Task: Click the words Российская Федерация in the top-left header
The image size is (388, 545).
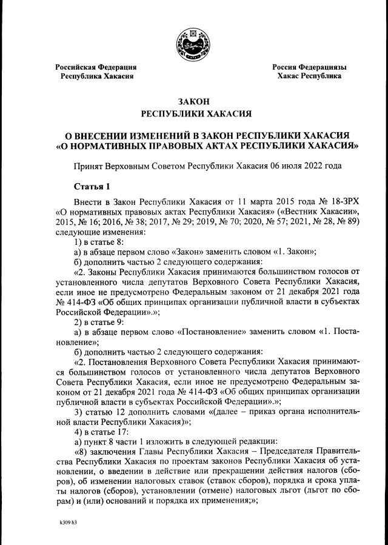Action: pos(96,67)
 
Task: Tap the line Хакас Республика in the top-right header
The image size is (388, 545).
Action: pos(309,76)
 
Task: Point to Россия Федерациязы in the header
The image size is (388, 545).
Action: pos(309,67)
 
